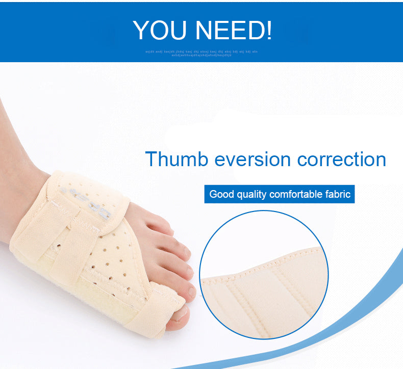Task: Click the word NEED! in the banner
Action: click(x=235, y=31)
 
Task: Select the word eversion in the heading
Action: click(x=253, y=159)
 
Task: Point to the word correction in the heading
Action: click(x=341, y=159)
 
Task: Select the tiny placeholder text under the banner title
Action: click(x=202, y=52)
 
